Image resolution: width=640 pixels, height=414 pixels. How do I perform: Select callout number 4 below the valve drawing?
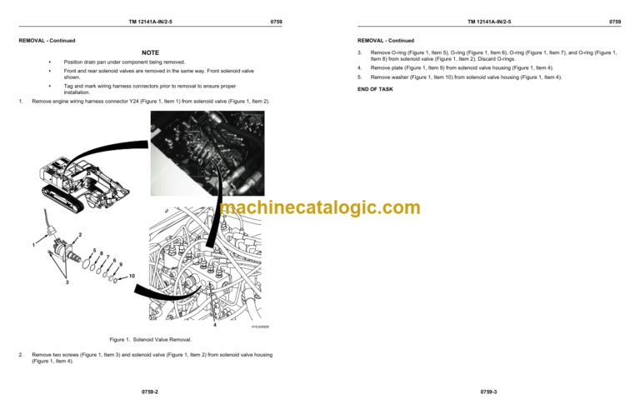[214, 325]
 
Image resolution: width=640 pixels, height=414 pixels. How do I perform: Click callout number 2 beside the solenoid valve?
[79, 232]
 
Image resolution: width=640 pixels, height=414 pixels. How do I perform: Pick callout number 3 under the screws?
[67, 283]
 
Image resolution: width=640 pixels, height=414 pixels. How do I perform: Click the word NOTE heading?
[150, 52]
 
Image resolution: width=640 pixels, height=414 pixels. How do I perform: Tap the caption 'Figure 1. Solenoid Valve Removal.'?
[150, 339]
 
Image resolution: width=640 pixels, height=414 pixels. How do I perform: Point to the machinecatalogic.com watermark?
[320, 208]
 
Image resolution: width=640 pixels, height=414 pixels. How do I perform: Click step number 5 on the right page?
[359, 77]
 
